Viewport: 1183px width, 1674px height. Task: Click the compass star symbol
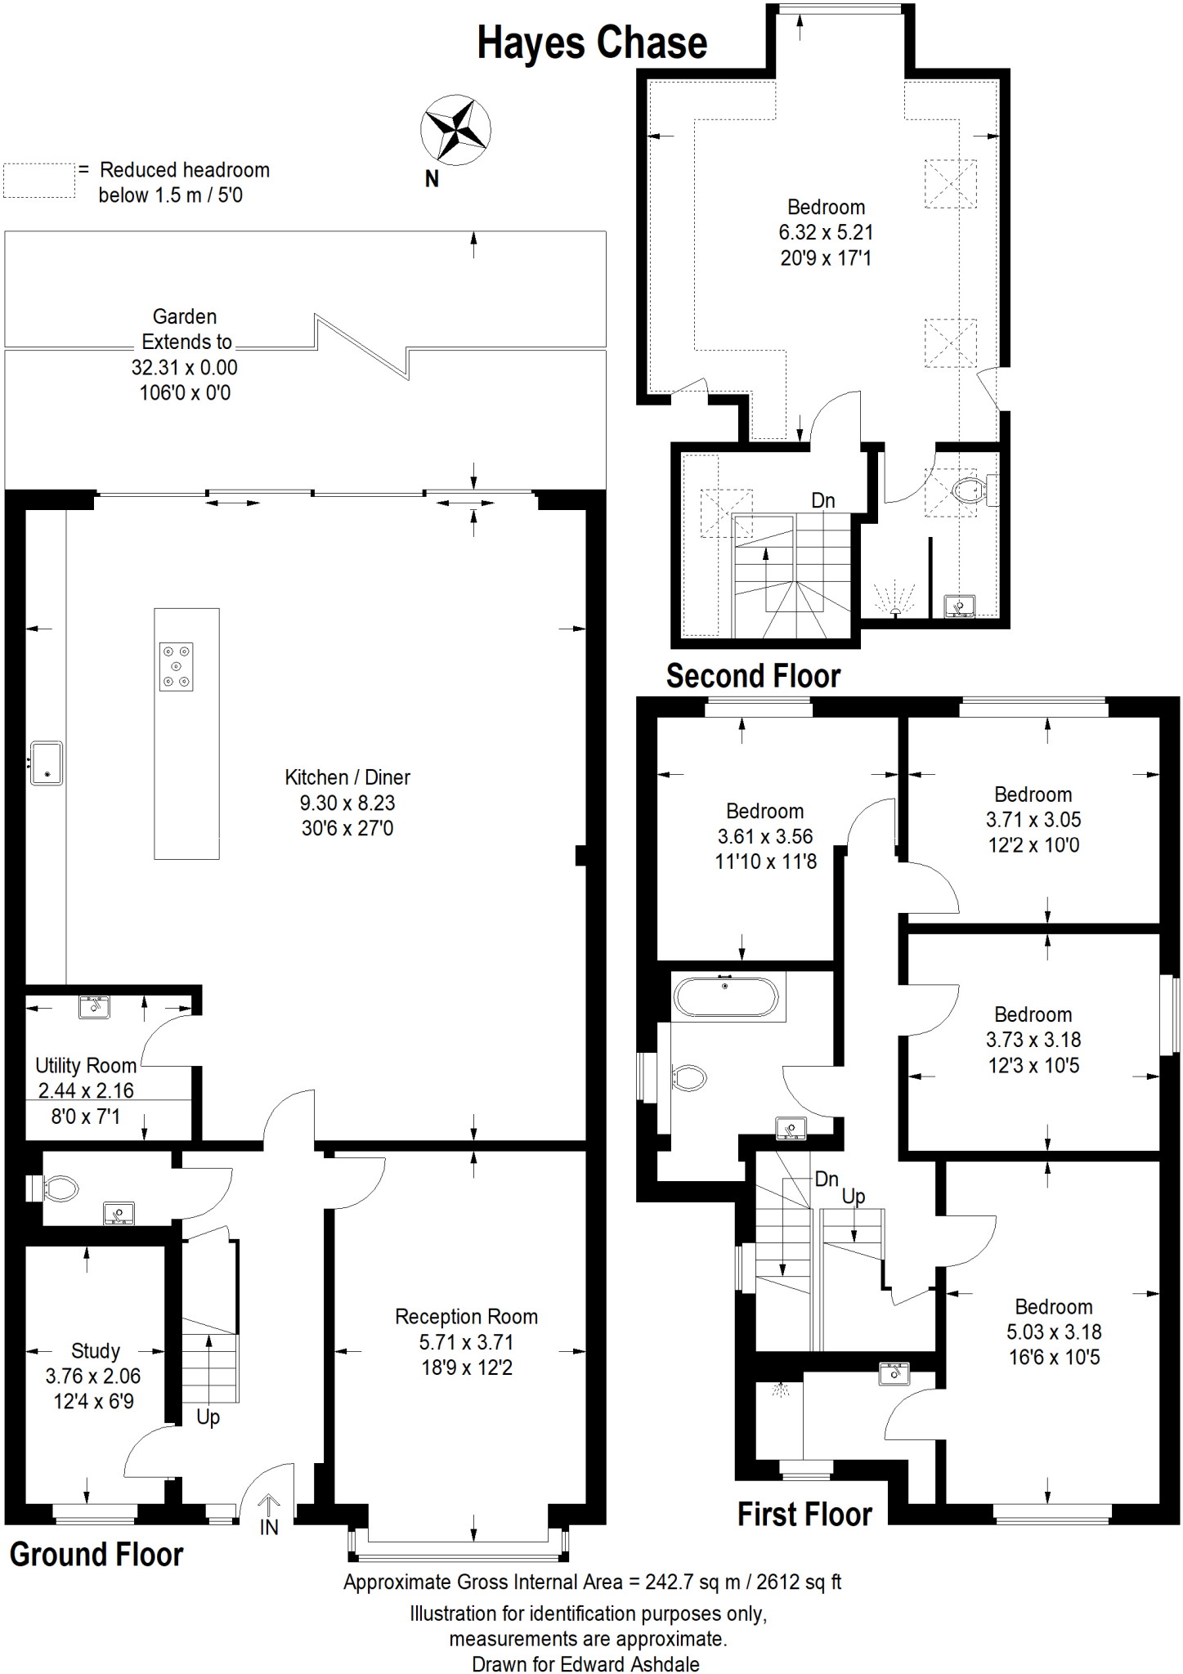pos(455,130)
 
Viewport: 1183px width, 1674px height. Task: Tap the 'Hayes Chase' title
pos(592,43)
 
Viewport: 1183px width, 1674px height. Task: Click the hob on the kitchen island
pos(176,667)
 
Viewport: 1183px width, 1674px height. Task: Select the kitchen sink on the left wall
pos(47,763)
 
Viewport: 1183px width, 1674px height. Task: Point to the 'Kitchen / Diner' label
pos(347,777)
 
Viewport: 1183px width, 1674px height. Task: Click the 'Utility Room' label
pos(86,1066)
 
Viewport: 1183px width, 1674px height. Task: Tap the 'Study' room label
pos(96,1351)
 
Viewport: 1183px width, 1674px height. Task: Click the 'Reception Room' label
pos(466,1317)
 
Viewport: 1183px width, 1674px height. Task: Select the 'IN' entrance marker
pos(269,1527)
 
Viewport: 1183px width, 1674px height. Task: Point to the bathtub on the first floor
pos(725,996)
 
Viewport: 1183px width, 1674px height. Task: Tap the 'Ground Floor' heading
pos(96,1554)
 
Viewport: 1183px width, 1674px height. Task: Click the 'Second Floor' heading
pos(753,676)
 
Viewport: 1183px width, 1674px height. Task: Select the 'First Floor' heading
pos(804,1514)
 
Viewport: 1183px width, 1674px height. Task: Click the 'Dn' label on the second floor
pos(823,500)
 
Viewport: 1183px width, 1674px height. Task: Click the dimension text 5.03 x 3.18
pos(1054,1332)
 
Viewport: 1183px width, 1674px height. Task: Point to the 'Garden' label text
pos(185,316)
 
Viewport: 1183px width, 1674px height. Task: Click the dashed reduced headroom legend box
pos(39,180)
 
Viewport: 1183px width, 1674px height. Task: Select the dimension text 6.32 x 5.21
pos(826,232)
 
